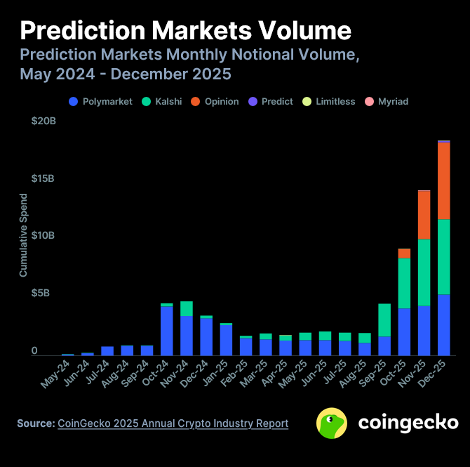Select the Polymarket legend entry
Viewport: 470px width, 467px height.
[x=101, y=101]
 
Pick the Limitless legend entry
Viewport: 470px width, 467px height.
[x=329, y=101]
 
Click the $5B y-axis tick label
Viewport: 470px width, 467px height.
[x=43, y=293]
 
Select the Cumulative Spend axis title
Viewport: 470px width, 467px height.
[x=23, y=235]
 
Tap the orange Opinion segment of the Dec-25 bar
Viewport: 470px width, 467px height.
[x=443, y=180]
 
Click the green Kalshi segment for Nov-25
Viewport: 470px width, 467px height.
[x=424, y=272]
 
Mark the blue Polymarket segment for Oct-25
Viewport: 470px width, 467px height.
[x=404, y=331]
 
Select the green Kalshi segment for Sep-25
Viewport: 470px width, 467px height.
[x=384, y=320]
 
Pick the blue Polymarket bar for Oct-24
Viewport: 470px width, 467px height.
[x=167, y=331]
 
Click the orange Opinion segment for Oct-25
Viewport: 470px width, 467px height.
[x=404, y=254]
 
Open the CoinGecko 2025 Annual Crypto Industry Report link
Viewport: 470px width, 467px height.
[x=173, y=423]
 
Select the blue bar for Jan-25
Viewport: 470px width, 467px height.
[x=206, y=340]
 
